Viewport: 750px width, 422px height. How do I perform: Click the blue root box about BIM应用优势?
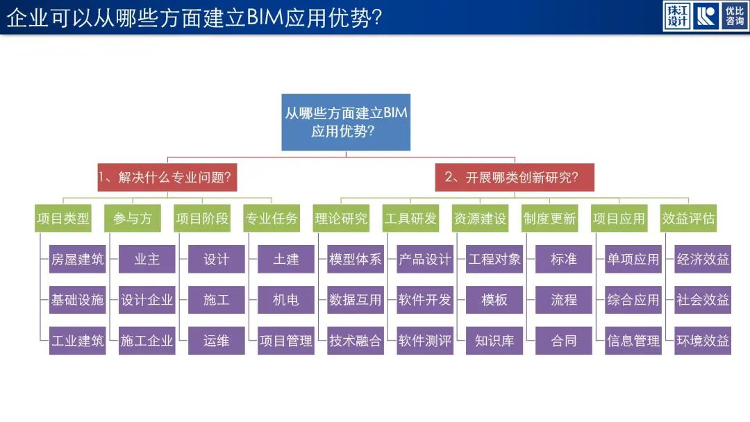(346, 122)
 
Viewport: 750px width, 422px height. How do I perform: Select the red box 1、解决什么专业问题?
(167, 177)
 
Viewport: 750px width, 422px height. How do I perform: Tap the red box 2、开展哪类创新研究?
(515, 177)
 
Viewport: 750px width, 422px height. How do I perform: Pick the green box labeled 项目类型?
(63, 219)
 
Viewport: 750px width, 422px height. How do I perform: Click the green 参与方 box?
(133, 219)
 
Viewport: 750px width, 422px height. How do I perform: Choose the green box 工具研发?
(411, 219)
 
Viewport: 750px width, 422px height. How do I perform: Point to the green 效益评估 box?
(688, 219)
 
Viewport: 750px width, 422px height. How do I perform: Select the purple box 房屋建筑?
(78, 259)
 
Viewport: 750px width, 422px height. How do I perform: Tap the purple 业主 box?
(147, 259)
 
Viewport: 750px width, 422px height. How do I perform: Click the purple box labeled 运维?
(216, 341)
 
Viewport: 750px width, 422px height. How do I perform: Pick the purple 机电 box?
(286, 300)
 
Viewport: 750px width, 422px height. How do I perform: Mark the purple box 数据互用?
(356, 300)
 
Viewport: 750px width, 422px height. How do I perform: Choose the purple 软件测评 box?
(425, 341)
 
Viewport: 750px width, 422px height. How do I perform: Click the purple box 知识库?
(494, 341)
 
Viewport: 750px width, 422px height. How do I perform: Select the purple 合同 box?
(564, 341)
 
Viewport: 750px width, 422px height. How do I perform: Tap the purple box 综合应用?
(633, 300)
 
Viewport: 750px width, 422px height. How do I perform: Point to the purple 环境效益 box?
(703, 341)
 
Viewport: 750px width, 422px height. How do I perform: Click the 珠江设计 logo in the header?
(677, 16)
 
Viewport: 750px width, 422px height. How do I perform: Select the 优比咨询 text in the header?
(735, 16)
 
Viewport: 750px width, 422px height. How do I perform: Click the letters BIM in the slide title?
(265, 17)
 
